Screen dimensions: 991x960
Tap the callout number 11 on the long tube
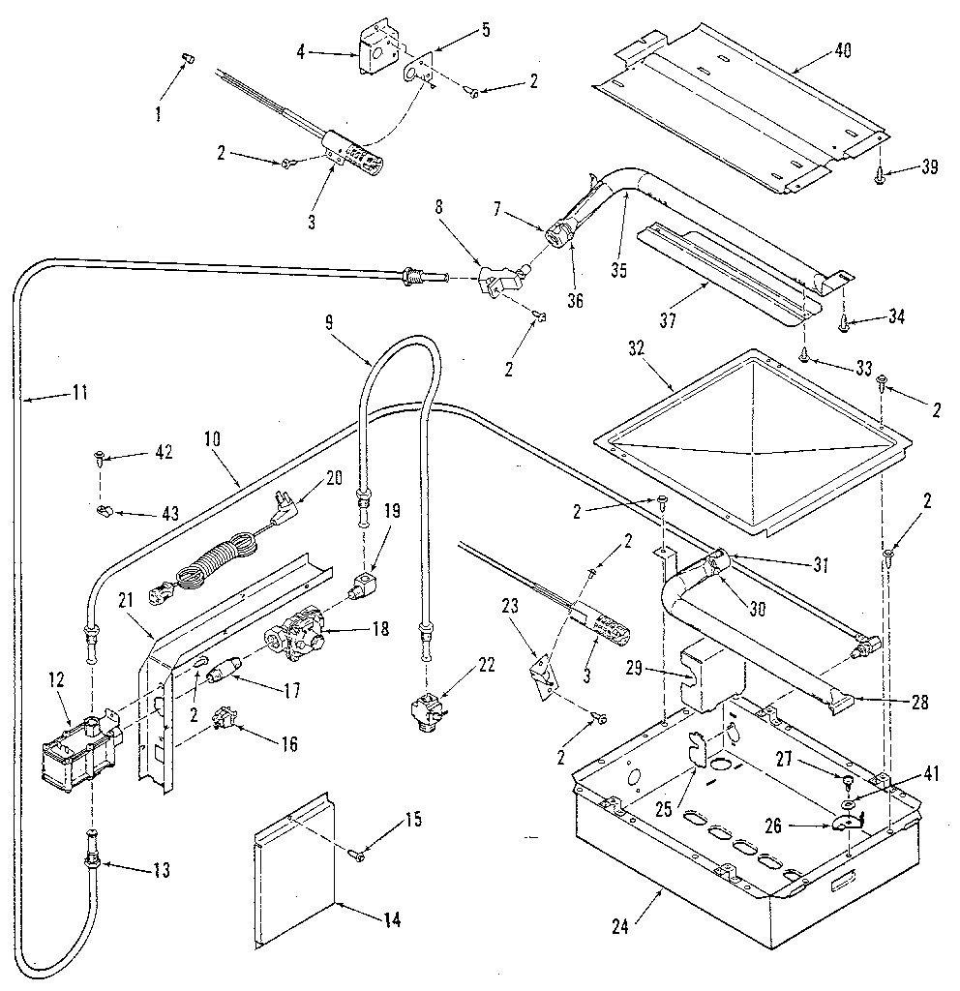pyautogui.click(x=78, y=392)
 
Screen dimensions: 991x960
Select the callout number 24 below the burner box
pyautogui.click(x=621, y=925)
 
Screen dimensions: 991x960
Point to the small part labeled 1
pyautogui.click(x=188, y=60)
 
